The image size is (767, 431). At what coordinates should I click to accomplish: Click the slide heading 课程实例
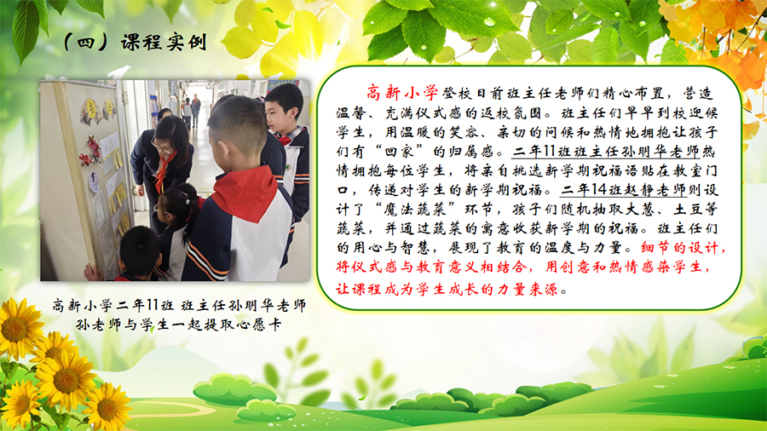[164, 43]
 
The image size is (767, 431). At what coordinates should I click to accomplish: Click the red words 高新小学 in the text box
[402, 92]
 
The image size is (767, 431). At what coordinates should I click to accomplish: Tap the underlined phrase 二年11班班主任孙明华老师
[606, 152]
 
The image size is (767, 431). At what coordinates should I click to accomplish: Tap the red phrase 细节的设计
[679, 248]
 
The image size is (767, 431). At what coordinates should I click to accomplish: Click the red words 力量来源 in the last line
[528, 290]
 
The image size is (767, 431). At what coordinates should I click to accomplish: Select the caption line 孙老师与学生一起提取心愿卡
[179, 325]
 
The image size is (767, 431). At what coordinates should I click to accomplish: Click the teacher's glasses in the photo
[162, 145]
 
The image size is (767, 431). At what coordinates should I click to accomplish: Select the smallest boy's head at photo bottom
[140, 251]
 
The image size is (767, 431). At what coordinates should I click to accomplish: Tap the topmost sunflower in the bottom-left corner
[19, 327]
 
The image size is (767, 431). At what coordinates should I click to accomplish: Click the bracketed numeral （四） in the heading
[86, 43]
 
